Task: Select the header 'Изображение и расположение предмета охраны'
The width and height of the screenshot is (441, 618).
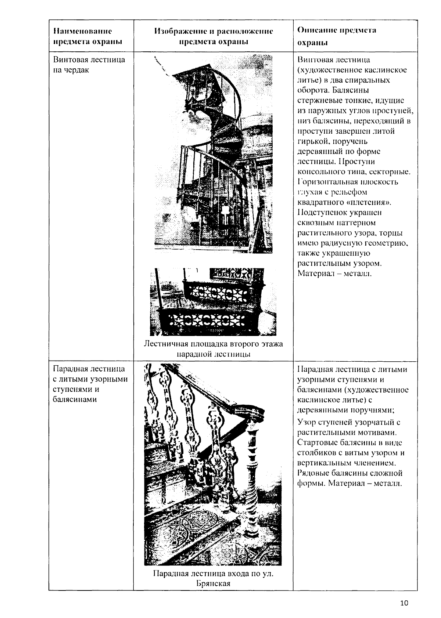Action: click(213, 36)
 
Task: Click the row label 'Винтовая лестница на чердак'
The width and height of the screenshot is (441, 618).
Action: click(89, 65)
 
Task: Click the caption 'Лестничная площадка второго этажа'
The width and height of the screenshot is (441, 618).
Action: click(213, 344)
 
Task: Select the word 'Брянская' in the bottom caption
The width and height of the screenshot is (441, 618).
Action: click(213, 583)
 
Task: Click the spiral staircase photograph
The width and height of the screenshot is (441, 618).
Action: click(213, 154)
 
